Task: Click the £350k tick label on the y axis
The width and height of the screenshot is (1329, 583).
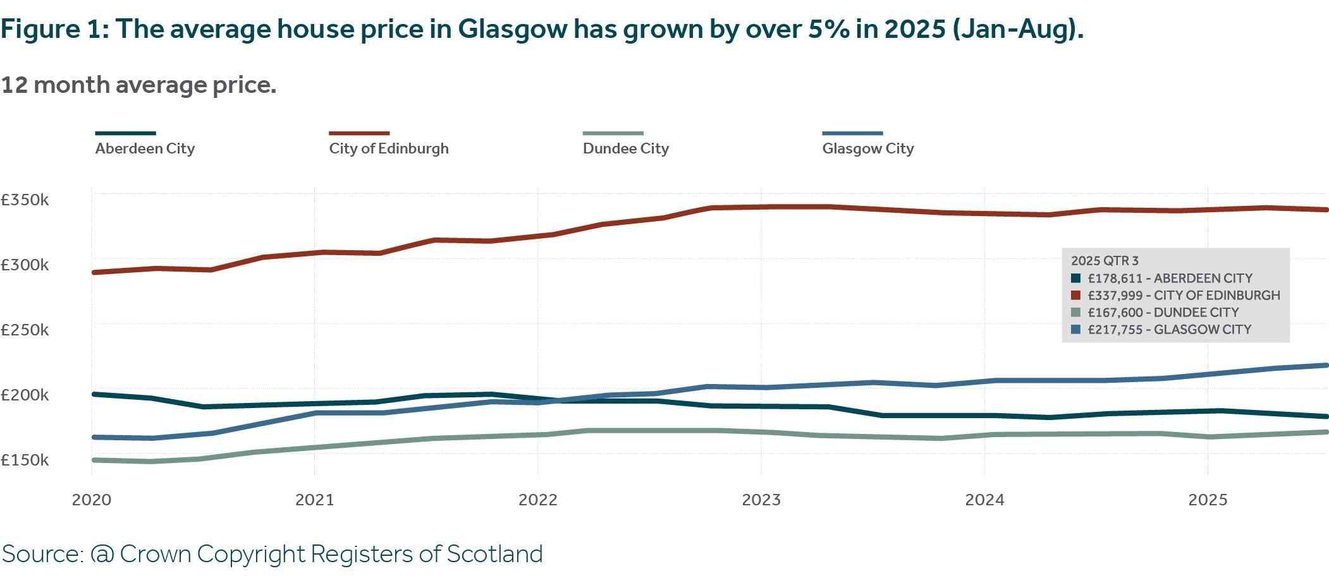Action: tap(25, 200)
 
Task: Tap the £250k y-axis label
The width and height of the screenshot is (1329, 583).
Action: tap(25, 330)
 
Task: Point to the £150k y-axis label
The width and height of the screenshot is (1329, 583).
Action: tap(25, 460)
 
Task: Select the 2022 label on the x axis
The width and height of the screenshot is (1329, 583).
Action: tap(537, 500)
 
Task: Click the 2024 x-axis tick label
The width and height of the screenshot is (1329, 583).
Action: tap(984, 500)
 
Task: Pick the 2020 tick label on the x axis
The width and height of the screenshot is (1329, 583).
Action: tap(92, 500)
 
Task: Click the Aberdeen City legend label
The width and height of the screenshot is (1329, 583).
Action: tap(145, 148)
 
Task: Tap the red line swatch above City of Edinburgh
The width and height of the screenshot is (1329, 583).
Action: tap(359, 133)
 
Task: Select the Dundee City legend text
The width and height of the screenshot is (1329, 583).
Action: tap(625, 148)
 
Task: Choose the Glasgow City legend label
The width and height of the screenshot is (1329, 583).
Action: tap(867, 148)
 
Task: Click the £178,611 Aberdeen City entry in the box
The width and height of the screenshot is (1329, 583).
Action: tap(1170, 279)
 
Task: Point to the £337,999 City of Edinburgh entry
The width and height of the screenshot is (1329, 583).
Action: tap(1184, 296)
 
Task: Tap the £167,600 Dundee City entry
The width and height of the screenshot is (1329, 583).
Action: tap(1163, 313)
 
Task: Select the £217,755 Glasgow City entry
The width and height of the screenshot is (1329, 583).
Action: tap(1169, 330)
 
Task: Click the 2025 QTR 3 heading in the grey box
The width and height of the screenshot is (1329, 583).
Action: tap(1105, 261)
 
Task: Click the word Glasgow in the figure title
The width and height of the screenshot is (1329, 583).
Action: tap(513, 30)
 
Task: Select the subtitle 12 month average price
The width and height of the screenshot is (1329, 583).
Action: tap(138, 85)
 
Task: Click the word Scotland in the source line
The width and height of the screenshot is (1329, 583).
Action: tap(494, 555)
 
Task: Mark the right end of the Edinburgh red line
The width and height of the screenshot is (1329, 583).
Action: tap(1326, 210)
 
